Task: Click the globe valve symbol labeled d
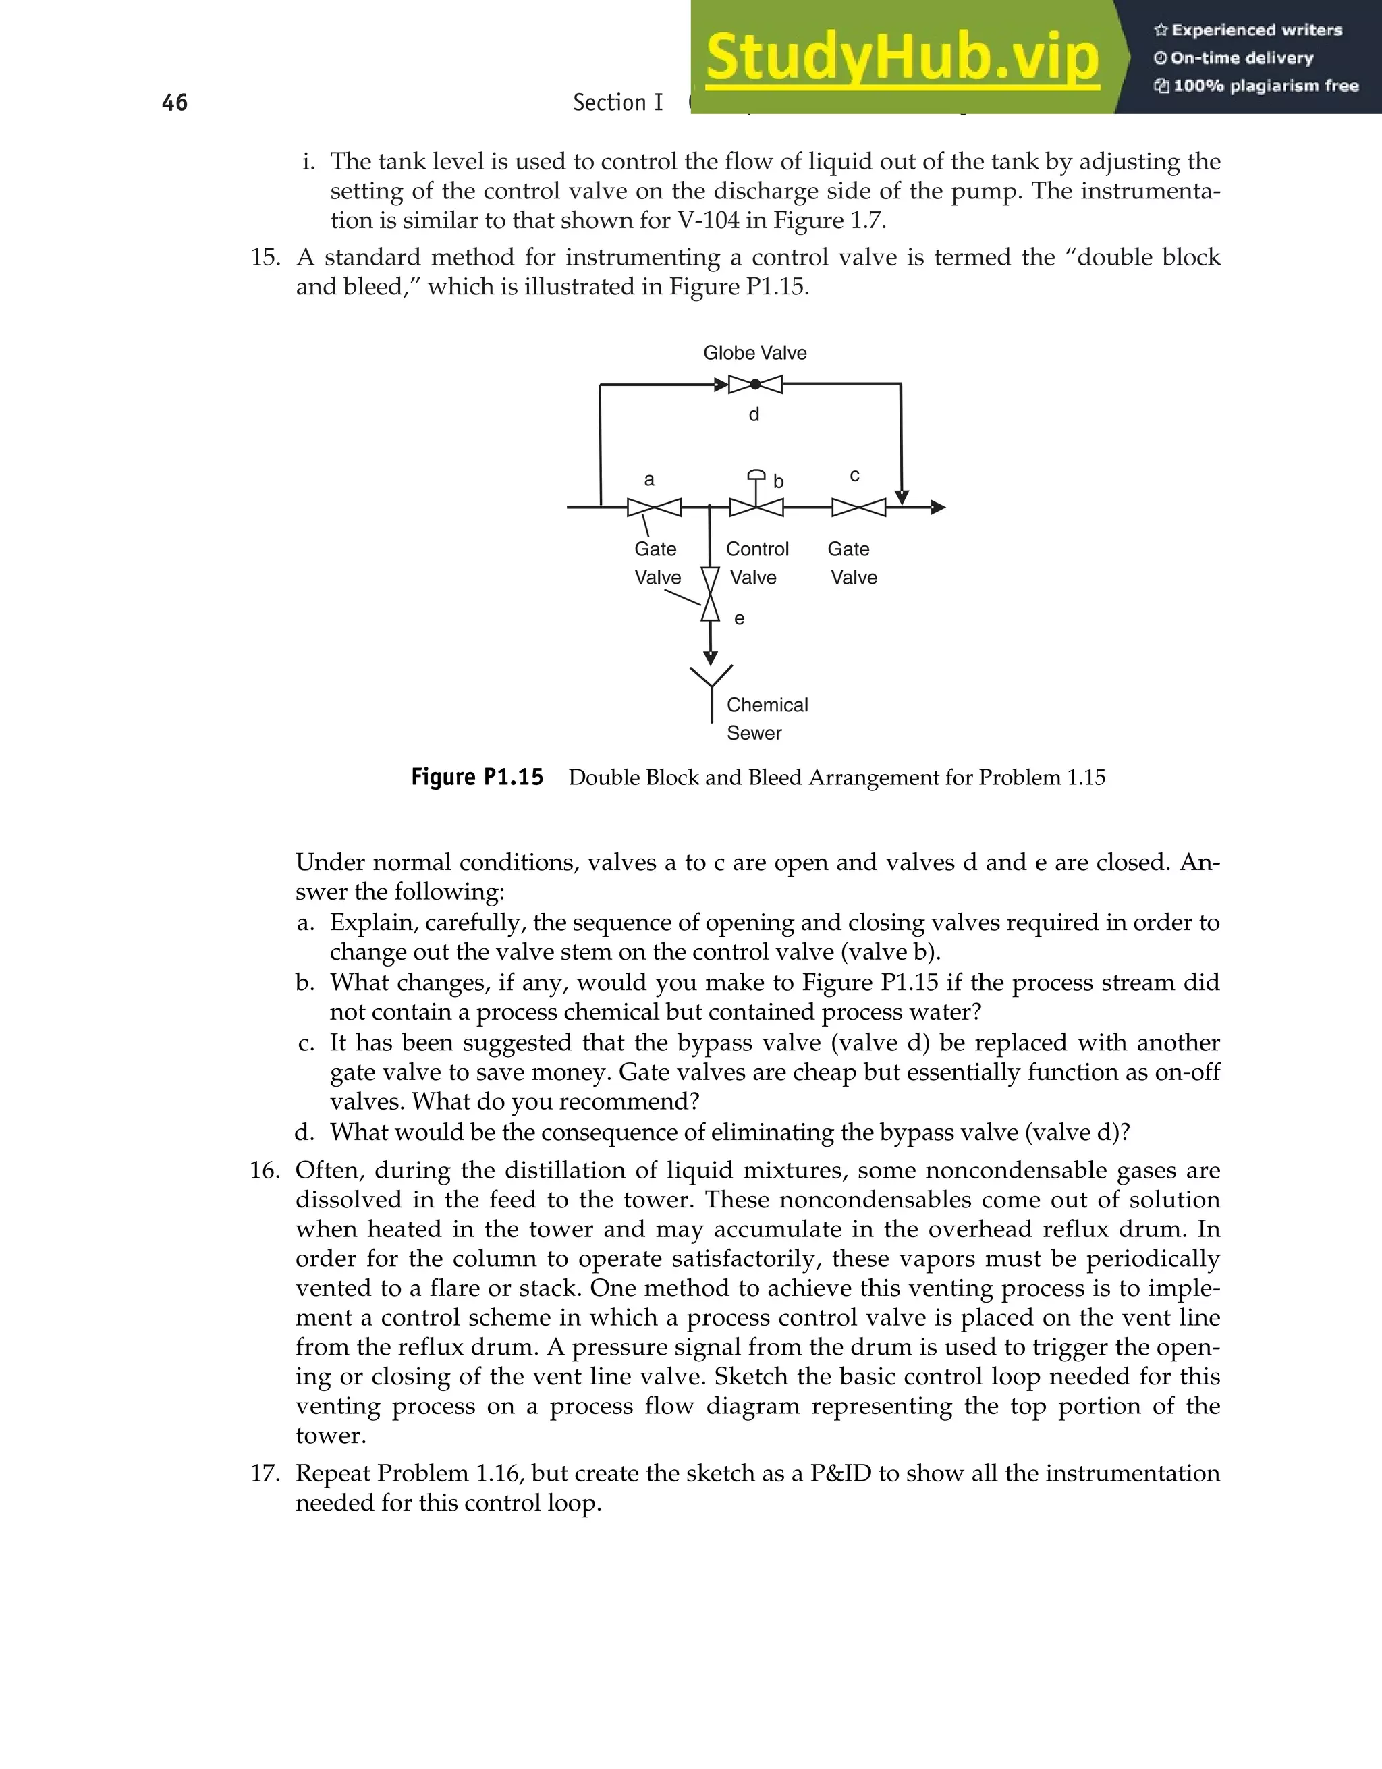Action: pos(754,385)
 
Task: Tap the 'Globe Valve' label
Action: pos(754,353)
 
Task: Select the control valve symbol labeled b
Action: pos(756,507)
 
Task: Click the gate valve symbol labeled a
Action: pos(654,508)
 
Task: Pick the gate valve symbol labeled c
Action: pos(859,508)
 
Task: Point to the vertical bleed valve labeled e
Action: pos(710,594)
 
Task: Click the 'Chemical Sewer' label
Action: pos(766,718)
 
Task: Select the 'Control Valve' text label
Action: pos(756,563)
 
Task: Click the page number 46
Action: pos(175,103)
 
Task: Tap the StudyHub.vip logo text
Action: pos(902,57)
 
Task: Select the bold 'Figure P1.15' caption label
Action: pos(477,778)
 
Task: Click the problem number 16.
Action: pos(264,1170)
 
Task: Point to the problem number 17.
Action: pos(264,1473)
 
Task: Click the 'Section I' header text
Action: pos(617,103)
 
